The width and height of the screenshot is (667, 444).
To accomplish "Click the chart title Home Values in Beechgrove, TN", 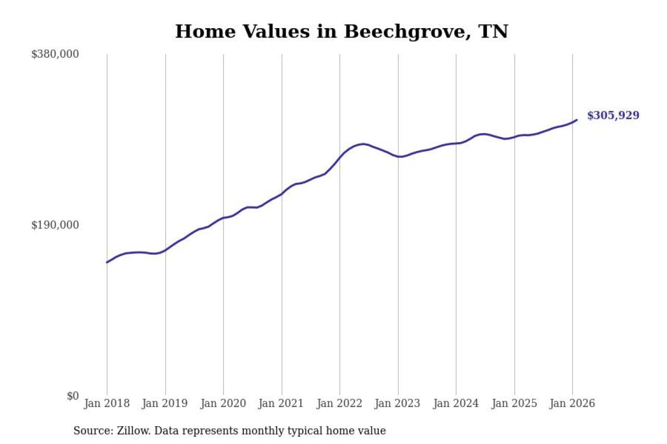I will pos(341,32).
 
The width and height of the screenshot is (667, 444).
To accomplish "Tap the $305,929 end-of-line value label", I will pos(613,116).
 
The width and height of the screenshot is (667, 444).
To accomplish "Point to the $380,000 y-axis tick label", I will pos(55,54).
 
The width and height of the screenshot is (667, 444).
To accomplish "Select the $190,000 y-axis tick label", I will pos(55,225).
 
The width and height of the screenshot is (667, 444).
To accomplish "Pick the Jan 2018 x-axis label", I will pos(107,403).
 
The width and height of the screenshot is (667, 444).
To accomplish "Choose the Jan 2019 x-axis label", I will pos(166,403).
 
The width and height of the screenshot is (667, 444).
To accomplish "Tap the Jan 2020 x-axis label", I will pos(224,403).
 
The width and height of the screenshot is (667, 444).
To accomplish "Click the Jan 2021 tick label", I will pos(282,403).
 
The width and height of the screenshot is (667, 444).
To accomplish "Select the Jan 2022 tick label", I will pos(340,403).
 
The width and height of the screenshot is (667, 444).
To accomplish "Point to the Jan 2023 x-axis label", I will pos(398,403).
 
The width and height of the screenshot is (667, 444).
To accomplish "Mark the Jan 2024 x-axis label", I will pos(456,403).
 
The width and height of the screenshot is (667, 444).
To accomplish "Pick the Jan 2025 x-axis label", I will pos(514,403).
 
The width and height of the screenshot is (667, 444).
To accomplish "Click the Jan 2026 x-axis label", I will pos(572,403).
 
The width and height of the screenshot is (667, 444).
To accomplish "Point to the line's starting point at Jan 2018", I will pos(107,262).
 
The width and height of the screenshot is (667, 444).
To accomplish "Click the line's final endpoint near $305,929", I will pos(577,120).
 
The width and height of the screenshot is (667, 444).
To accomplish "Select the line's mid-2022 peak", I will pos(363,144).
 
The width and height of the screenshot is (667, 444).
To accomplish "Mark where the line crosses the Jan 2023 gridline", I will pos(398,157).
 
